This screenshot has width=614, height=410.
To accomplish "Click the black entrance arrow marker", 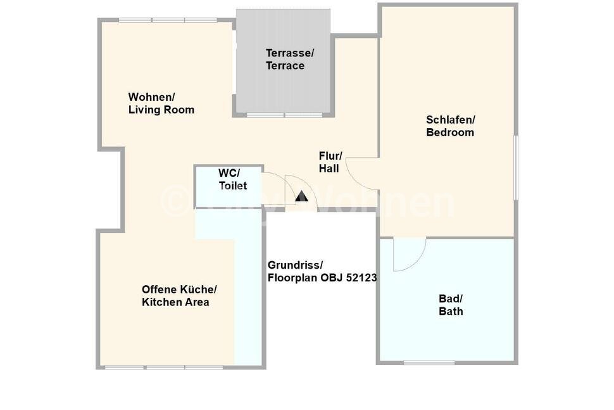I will coord(301,197).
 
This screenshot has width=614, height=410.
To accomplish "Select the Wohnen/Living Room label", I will coord(161,103).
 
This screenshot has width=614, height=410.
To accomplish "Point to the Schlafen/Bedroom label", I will coord(450,126).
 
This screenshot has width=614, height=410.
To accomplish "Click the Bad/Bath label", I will coord(451,305).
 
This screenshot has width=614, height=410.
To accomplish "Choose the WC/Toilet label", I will coord(232,179).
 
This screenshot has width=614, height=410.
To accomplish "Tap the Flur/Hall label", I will coord(330,162).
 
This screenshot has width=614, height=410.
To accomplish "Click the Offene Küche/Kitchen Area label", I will coord(179,295).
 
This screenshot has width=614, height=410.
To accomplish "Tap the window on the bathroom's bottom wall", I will coord(429,362).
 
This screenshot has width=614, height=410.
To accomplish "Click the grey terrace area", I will coord(284,89).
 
